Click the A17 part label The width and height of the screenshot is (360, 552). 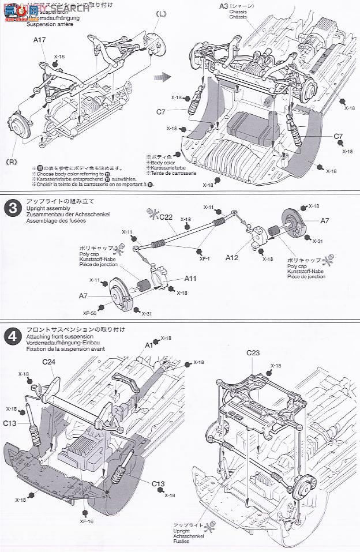tap(40, 40)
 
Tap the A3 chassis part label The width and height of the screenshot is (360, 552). tap(223, 6)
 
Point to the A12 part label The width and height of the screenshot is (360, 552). tap(232, 258)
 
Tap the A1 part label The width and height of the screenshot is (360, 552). tap(148, 344)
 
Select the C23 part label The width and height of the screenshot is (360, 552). tap(254, 352)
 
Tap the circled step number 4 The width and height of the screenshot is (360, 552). tap(12, 336)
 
